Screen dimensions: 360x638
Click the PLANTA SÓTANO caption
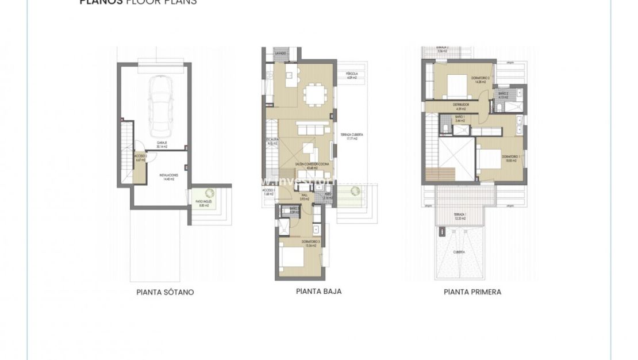[165, 292]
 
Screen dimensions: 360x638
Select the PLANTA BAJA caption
[318, 292]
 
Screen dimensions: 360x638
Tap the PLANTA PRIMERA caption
[472, 292]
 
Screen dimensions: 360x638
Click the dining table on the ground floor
[315, 93]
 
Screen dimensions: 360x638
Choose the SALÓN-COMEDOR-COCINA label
[305, 165]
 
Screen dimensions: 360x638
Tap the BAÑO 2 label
[504, 95]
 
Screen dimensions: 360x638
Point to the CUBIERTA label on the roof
[458, 252]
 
